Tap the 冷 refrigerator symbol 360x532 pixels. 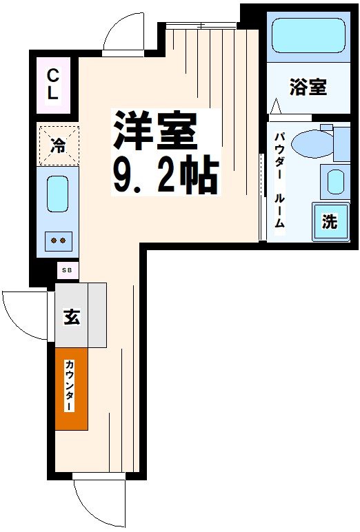[x=59, y=145]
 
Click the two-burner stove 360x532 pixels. [x=58, y=241]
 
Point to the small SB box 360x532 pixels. [x=67, y=270]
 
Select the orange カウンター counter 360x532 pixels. [x=71, y=389]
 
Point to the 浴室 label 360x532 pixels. [x=308, y=88]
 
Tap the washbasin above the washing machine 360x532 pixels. [x=336, y=182]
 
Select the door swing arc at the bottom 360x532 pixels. [x=97, y=502]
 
